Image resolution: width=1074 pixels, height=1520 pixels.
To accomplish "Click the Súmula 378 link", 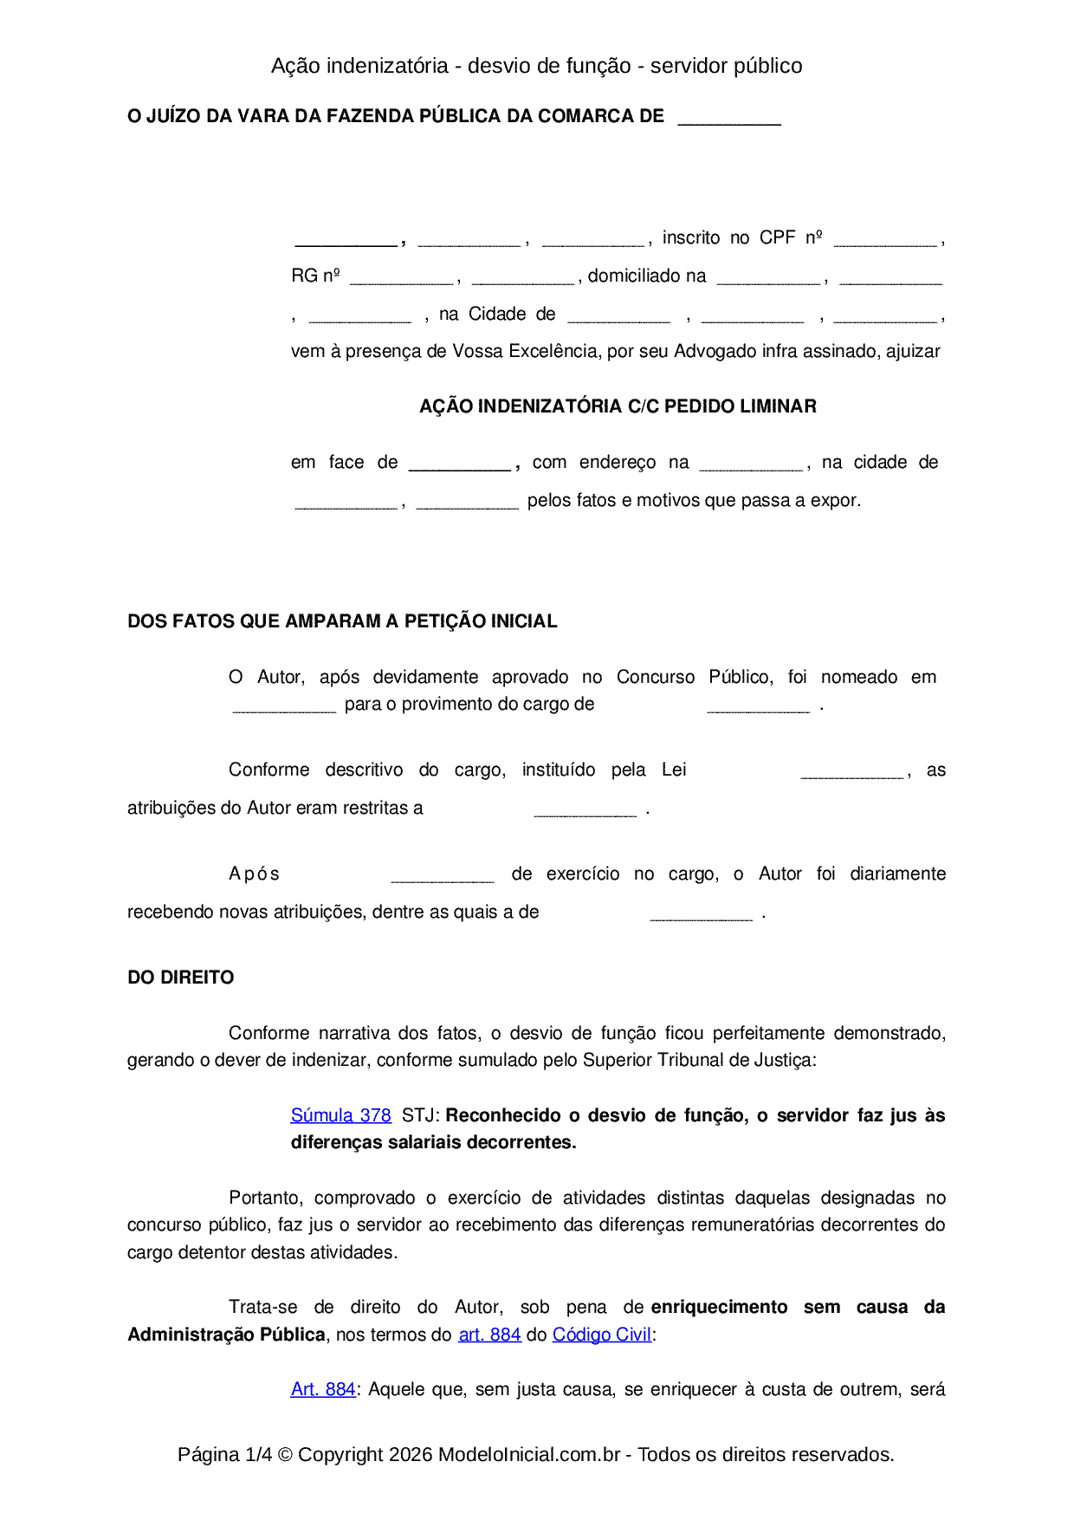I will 340,1115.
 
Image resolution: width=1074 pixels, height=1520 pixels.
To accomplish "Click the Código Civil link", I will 601,1335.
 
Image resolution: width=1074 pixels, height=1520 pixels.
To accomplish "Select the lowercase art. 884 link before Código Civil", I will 489,1335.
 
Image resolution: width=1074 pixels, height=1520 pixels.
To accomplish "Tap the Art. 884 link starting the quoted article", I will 323,1389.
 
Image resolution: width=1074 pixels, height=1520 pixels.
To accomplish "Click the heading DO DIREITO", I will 180,978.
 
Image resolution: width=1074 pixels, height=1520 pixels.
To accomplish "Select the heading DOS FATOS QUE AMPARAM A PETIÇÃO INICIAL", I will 342,621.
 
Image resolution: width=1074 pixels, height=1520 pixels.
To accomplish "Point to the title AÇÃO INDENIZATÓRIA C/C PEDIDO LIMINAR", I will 618,406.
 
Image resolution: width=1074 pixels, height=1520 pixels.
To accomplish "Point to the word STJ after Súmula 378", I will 419,1115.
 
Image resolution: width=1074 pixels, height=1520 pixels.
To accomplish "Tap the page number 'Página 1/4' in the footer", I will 224,1454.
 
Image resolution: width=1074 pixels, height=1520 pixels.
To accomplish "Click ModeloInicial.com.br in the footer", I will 529,1454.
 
